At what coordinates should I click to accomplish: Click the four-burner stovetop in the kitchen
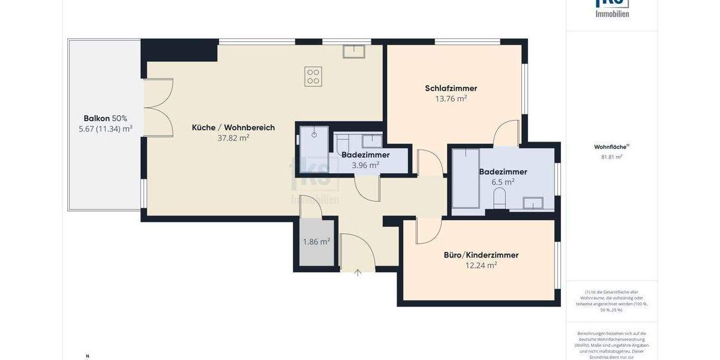(x=313, y=76)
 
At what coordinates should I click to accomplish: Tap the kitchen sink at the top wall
(x=354, y=52)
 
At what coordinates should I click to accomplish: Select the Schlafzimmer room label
(x=451, y=88)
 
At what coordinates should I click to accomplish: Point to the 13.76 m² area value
(x=451, y=99)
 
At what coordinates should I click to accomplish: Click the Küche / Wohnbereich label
(x=233, y=127)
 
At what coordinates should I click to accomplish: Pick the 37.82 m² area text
(x=233, y=138)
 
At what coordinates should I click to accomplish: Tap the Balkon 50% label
(x=106, y=118)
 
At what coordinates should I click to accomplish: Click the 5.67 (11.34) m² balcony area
(x=106, y=128)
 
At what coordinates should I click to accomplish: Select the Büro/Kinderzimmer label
(x=481, y=255)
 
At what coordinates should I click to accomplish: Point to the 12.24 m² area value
(x=481, y=265)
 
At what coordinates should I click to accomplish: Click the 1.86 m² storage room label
(x=316, y=242)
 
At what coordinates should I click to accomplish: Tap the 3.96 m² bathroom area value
(x=365, y=165)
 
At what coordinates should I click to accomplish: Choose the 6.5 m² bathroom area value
(x=503, y=182)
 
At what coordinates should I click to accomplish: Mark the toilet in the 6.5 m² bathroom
(x=499, y=198)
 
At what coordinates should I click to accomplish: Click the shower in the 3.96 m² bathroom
(x=314, y=143)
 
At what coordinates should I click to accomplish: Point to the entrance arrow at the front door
(x=358, y=273)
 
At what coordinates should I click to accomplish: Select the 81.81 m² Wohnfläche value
(x=611, y=157)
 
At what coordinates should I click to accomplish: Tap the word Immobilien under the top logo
(x=611, y=13)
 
